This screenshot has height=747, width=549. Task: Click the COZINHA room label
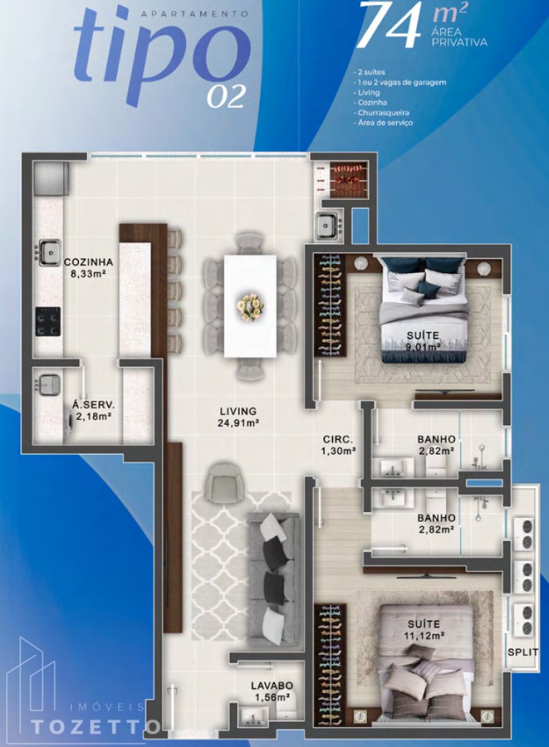[x=88, y=262]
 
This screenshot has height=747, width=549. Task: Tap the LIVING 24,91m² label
[x=239, y=416]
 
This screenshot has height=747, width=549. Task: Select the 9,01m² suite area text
[x=423, y=347]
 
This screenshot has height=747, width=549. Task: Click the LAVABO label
[x=272, y=685]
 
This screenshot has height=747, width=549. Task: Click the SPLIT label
[x=523, y=652]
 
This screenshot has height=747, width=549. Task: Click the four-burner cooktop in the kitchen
[x=48, y=322]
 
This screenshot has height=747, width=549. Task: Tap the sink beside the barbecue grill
[x=328, y=224]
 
